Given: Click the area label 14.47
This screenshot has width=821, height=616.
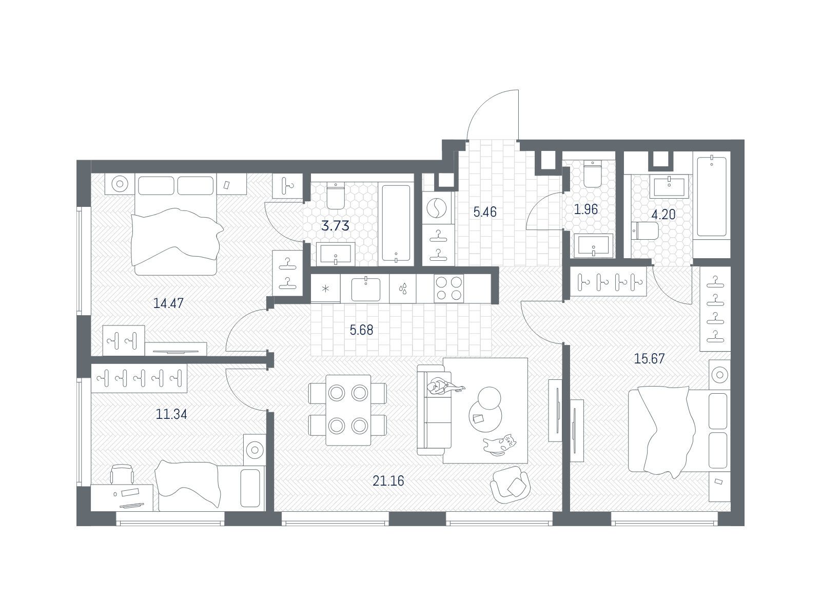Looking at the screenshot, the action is (168, 303).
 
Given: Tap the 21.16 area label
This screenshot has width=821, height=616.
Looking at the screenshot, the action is (388, 481).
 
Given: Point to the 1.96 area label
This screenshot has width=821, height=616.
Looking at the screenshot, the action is (586, 209).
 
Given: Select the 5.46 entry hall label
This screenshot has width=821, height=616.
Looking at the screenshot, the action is (485, 212).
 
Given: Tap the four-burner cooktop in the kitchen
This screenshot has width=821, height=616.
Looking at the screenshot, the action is (448, 288).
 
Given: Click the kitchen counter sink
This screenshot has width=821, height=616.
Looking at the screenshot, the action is (365, 288).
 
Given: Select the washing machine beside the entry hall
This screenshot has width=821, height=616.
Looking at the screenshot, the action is (437, 209).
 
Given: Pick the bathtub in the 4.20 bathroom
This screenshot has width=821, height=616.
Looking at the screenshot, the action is (711, 196).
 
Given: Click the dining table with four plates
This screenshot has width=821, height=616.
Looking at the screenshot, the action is (348, 410).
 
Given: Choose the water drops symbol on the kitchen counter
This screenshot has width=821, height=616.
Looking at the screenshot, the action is (403, 288).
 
